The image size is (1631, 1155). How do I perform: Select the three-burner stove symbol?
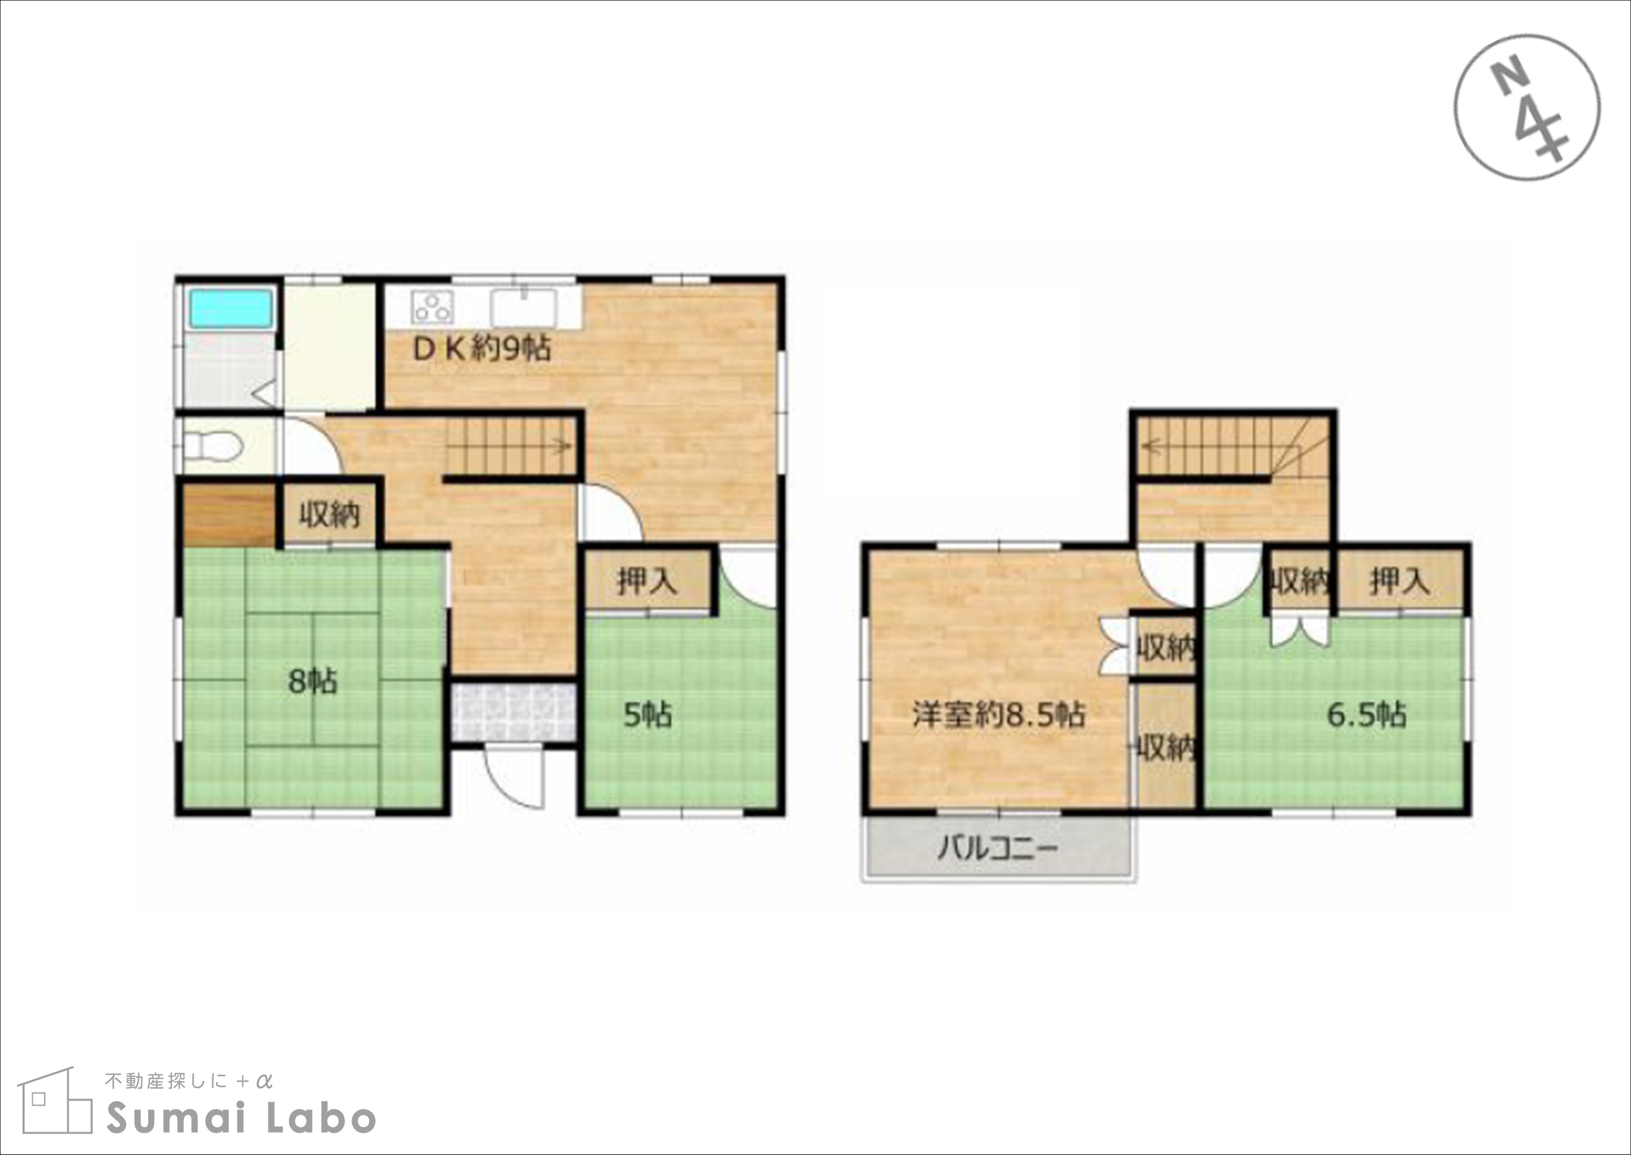pyautogui.click(x=432, y=307)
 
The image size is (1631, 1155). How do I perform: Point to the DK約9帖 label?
pyautogui.click(x=482, y=349)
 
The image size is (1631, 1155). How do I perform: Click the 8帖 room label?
pyautogui.click(x=312, y=682)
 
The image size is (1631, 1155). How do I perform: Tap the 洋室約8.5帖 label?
pyautogui.click(x=999, y=715)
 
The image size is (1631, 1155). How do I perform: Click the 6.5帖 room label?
pyautogui.click(x=1367, y=715)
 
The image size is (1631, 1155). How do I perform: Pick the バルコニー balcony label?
pyautogui.click(x=998, y=848)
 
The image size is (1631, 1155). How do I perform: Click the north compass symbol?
pyautogui.click(x=1526, y=107)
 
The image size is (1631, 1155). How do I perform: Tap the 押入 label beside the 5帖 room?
pyautogui.click(x=647, y=582)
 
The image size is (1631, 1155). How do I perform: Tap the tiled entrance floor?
pyautogui.click(x=513, y=712)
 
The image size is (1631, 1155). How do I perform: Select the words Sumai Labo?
pyautogui.click(x=241, y=1119)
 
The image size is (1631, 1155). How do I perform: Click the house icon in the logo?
pyautogui.click(x=55, y=1101)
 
